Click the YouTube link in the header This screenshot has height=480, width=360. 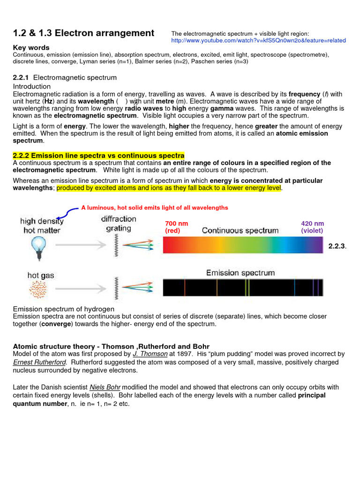pyautogui.click(x=258, y=41)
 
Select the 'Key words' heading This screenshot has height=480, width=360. pyautogui.click(x=31, y=48)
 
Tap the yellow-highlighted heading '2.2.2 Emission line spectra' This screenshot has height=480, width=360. pyautogui.click(x=98, y=156)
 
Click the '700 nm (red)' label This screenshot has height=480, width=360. pyautogui.click(x=176, y=227)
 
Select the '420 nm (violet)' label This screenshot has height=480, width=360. pyautogui.click(x=312, y=227)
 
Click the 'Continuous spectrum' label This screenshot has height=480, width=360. pyautogui.click(x=240, y=231)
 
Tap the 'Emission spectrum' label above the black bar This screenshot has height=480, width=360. pyautogui.click(x=240, y=273)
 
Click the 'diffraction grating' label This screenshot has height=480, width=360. pyautogui.click(x=118, y=224)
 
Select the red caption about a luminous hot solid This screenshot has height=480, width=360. pyautogui.click(x=154, y=208)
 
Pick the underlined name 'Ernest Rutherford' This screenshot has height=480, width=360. pyautogui.click(x=40, y=362)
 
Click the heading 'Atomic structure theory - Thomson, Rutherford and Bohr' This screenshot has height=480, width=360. pyautogui.click(x=111, y=346)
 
